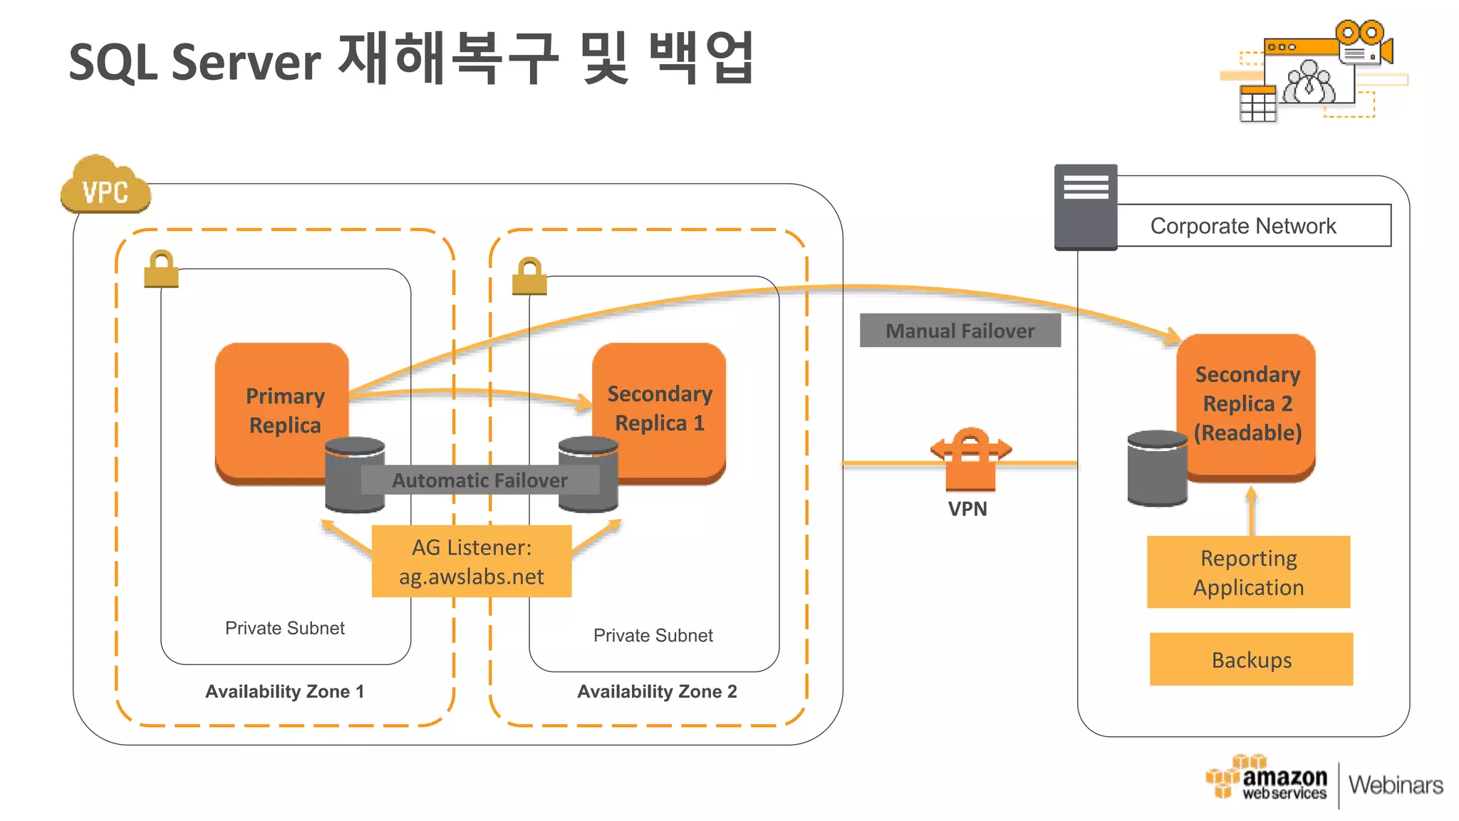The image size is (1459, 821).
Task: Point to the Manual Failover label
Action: click(960, 331)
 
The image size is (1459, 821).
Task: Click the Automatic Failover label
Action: click(479, 480)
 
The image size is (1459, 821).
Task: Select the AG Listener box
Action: click(471, 562)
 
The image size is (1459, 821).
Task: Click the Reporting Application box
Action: click(1248, 572)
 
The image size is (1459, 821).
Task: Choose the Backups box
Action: click(1251, 660)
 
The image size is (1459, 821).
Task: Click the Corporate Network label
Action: click(1243, 226)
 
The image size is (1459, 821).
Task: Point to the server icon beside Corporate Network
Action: click(1086, 207)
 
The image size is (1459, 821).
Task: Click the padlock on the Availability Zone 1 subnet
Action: click(161, 269)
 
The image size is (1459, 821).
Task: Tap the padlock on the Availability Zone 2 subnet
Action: click(529, 277)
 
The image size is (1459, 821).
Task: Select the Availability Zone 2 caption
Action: click(657, 691)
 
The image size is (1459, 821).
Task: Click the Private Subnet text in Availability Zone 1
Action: click(284, 628)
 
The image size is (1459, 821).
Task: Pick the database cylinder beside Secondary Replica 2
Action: click(1156, 469)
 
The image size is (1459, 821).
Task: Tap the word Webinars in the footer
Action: click(1395, 785)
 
